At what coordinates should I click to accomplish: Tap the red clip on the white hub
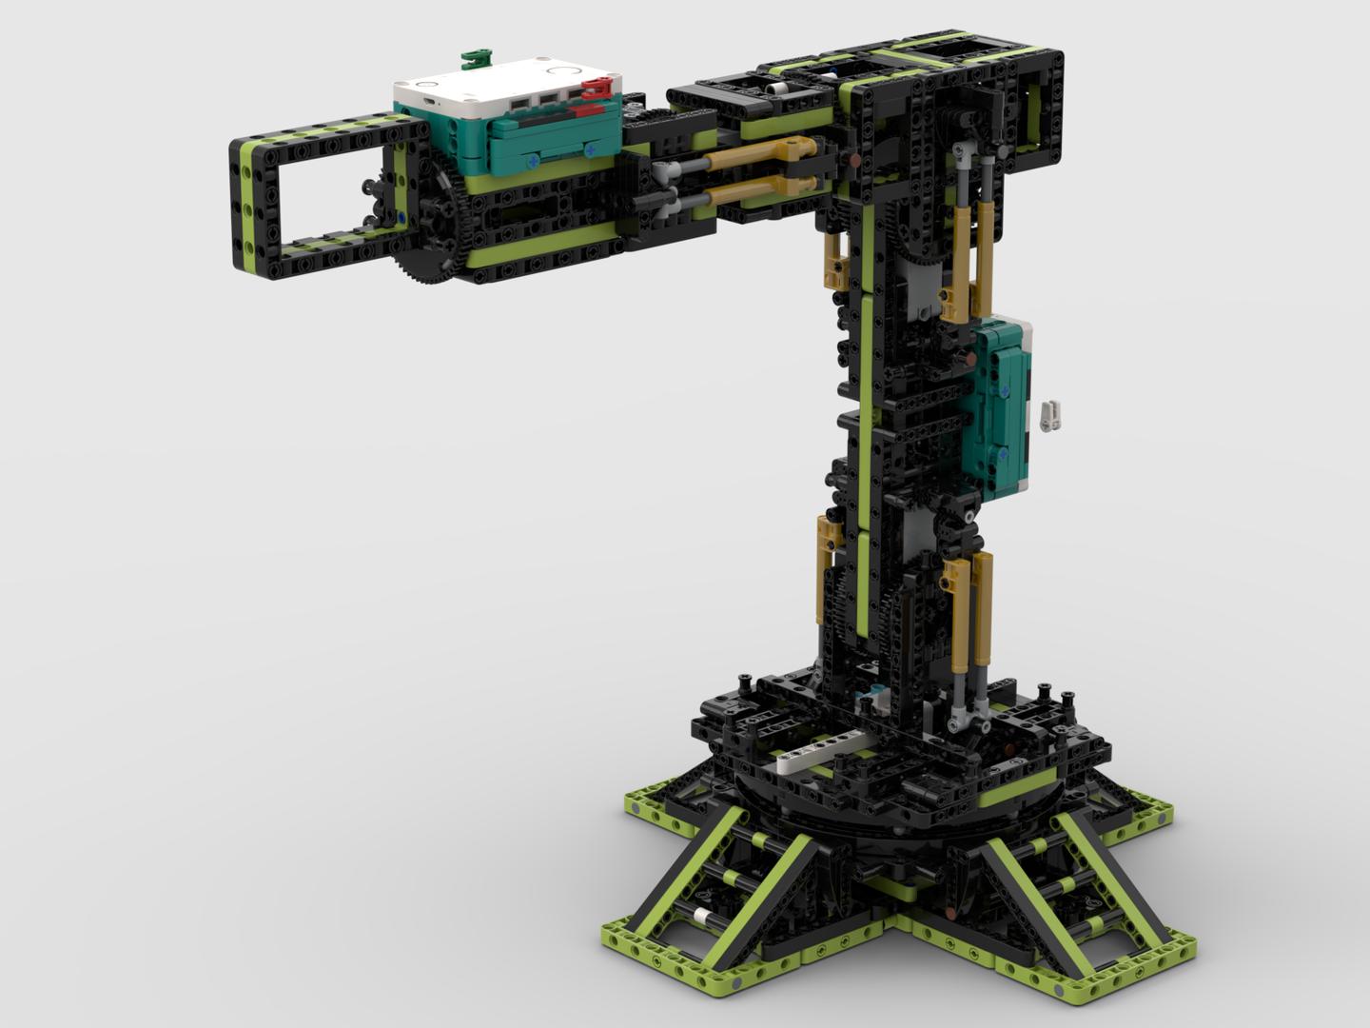coord(596,89)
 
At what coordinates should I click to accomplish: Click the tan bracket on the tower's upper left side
coord(836,262)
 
